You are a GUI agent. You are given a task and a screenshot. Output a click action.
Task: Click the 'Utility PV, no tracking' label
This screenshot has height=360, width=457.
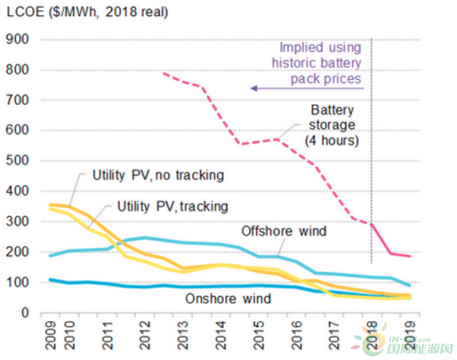(158, 176)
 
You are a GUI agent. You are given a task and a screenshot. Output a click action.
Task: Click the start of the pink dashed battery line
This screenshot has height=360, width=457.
(164, 72)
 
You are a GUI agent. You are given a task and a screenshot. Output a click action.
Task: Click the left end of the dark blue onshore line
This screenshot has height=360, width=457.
(50, 279)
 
